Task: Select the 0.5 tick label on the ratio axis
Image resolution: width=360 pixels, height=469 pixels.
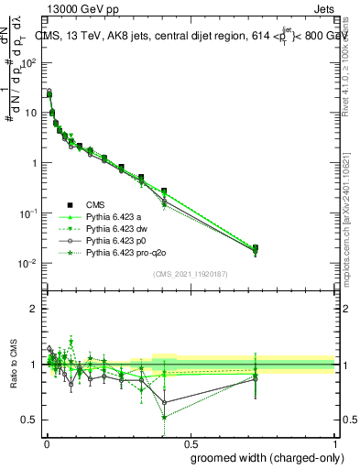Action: pos(29,420)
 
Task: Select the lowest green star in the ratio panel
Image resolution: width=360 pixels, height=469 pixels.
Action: pos(164,417)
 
